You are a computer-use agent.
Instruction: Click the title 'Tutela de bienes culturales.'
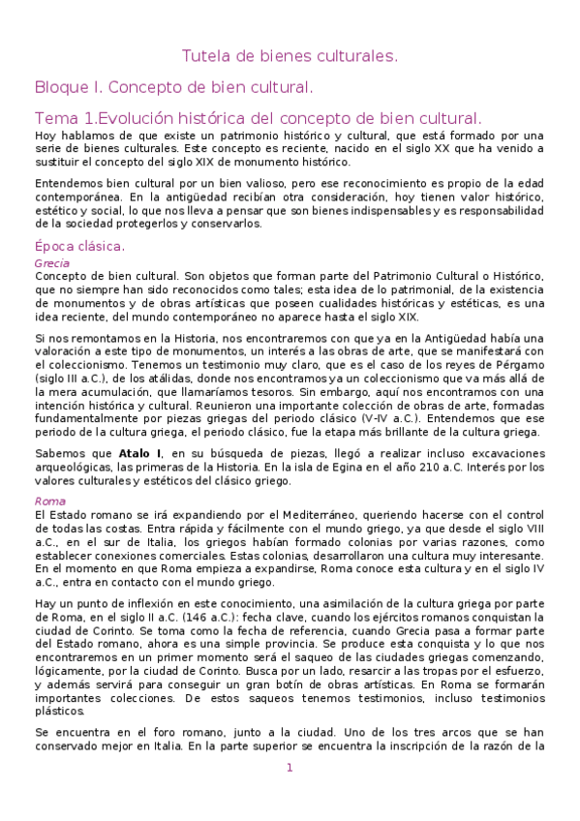click(290, 57)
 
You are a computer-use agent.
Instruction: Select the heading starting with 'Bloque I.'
click(173, 88)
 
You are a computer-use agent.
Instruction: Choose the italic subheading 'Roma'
click(49, 501)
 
